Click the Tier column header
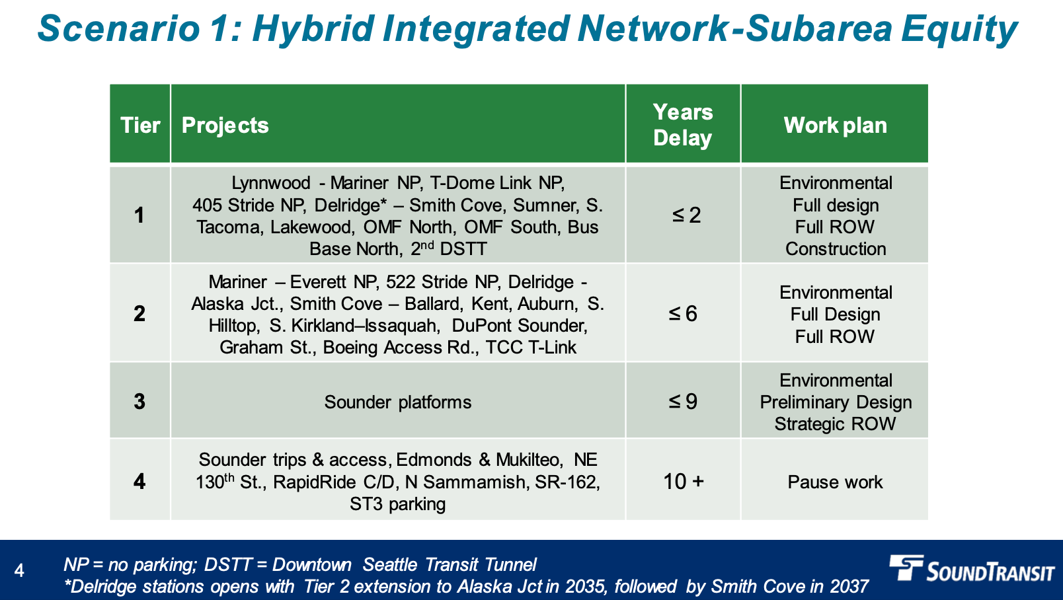140,126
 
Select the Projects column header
225,126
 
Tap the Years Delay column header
683,125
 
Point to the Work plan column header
835,126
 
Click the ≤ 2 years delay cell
686,215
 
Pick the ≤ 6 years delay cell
683,313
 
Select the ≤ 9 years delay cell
683,401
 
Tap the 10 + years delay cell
684,482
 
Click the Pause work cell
835,482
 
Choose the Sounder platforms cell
398,402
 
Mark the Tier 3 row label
139,401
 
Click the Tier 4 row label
139,482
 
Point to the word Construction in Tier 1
836,249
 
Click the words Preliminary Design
836,402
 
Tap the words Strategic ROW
835,424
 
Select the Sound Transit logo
972,568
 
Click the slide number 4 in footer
19,570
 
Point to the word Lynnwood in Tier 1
271,183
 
